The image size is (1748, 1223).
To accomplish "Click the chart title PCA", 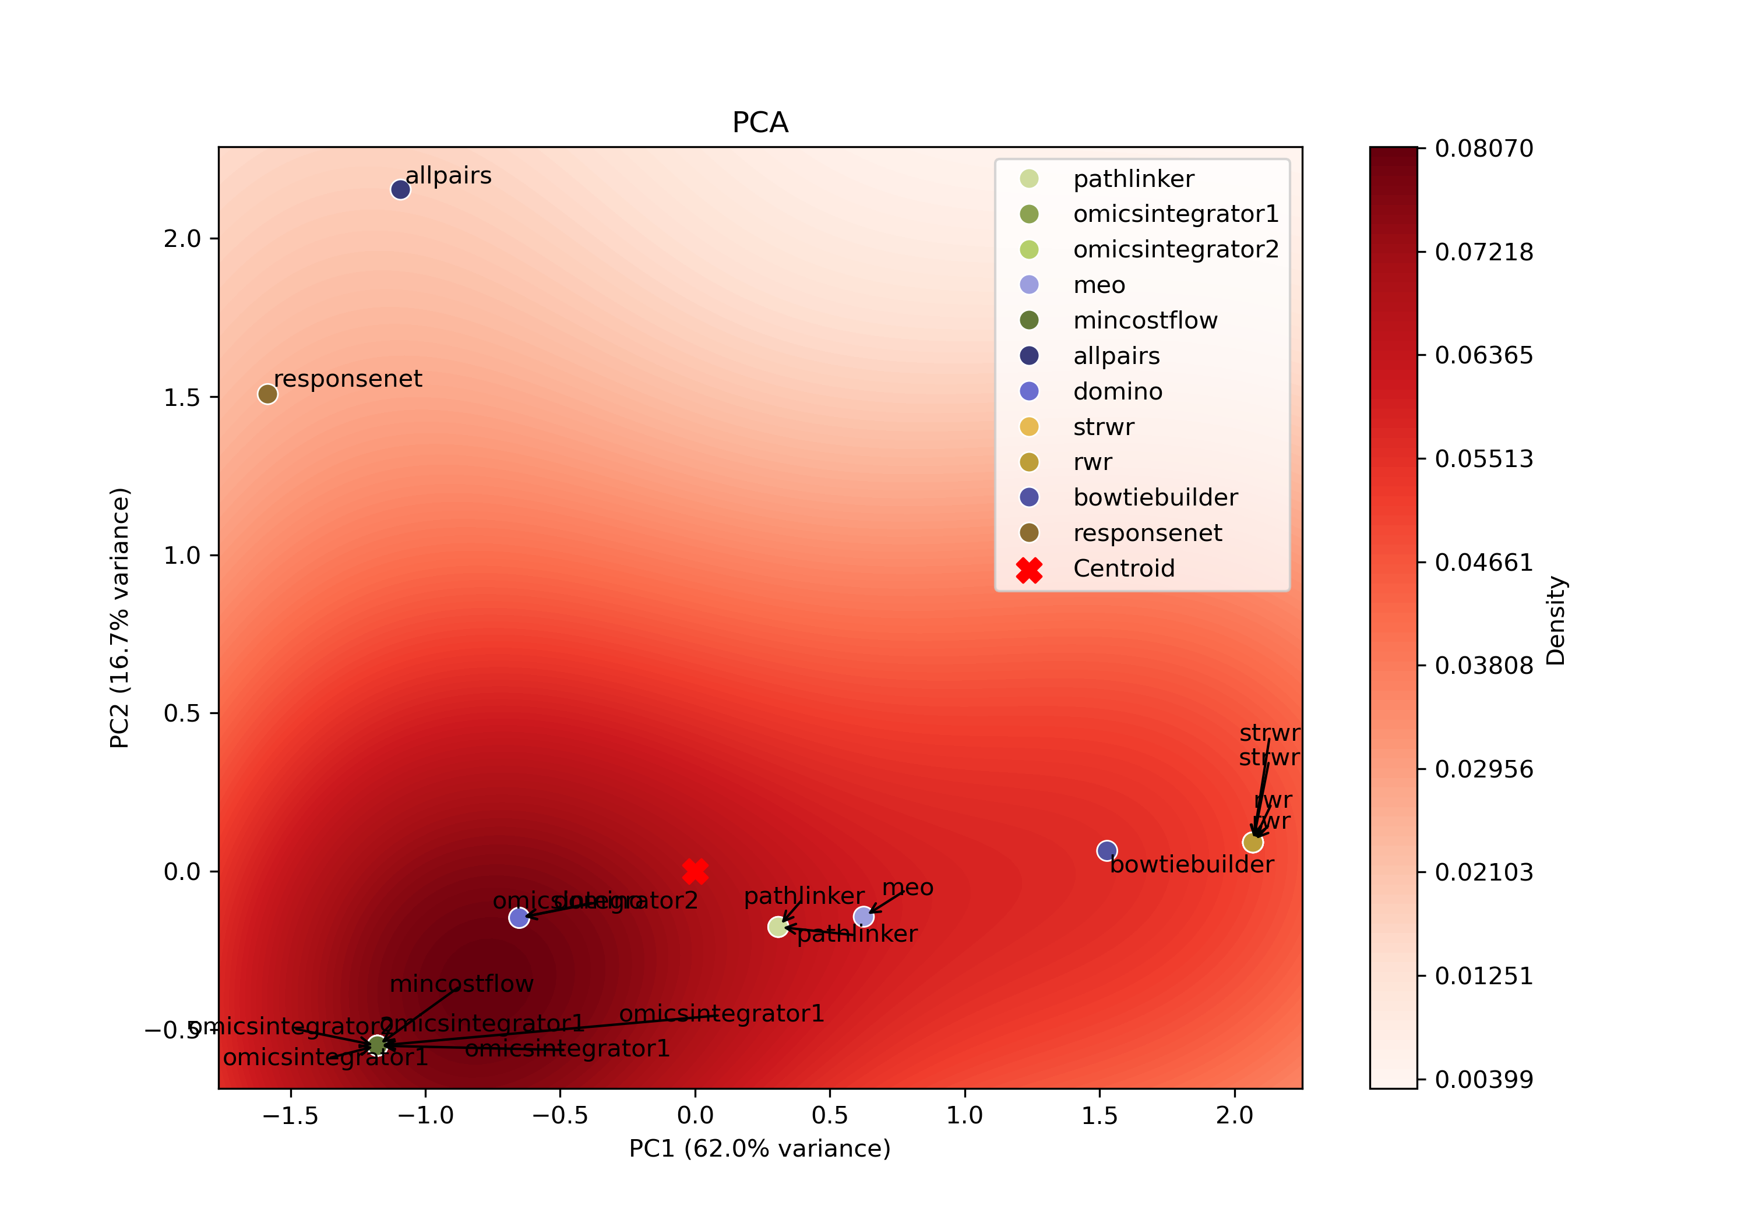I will [x=760, y=122].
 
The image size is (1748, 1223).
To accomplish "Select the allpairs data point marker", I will [x=400, y=189].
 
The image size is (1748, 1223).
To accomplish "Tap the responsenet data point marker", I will [x=267, y=394].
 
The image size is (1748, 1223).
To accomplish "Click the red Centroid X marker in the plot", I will [x=695, y=871].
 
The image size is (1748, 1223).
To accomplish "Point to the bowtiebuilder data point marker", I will [x=1107, y=851].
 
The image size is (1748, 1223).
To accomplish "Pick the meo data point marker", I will [x=864, y=916].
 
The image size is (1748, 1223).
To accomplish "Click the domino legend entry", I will [x=1117, y=391].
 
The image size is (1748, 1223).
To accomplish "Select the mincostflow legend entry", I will [x=1144, y=320].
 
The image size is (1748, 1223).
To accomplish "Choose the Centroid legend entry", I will [x=1123, y=568].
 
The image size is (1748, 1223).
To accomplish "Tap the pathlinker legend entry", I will [x=1133, y=179].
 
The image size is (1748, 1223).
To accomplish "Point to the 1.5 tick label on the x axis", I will [x=1099, y=1116].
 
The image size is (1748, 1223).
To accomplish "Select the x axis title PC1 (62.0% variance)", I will [x=760, y=1148].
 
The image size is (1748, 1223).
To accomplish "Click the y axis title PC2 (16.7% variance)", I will [x=119, y=618].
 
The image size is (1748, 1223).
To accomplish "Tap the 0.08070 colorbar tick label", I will [x=1484, y=149].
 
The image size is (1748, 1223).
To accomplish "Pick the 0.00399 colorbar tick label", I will [x=1484, y=1079].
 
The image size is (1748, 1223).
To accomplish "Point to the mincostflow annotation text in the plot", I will [x=461, y=984].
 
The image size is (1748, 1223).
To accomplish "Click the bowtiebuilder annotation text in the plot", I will [x=1192, y=865].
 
